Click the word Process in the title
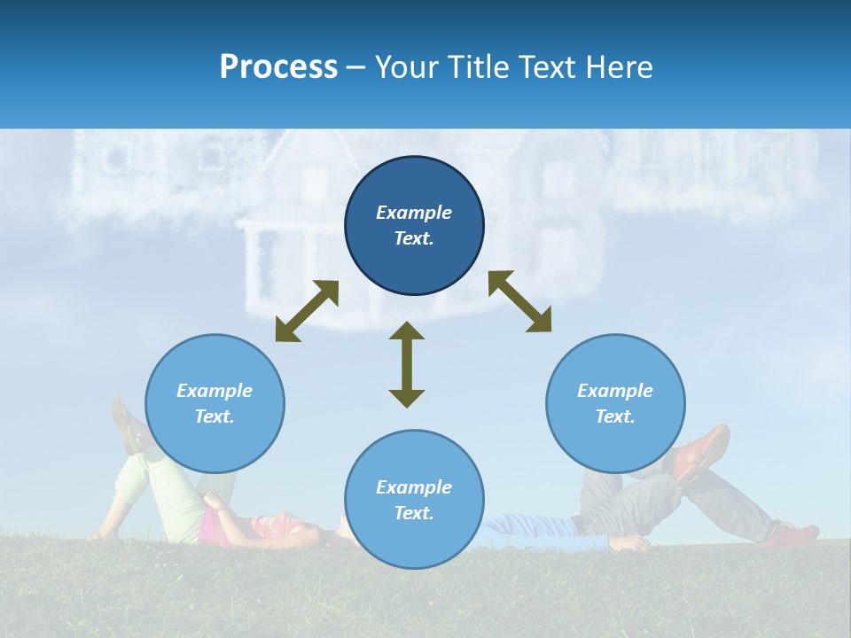pyautogui.click(x=278, y=67)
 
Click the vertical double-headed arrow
pyautogui.click(x=407, y=364)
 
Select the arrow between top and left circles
pyautogui.click(x=307, y=311)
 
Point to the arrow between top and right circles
pyautogui.click(x=519, y=301)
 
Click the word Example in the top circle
pyautogui.click(x=414, y=213)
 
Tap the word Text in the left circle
pyautogui.click(x=215, y=416)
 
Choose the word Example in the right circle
pyautogui.click(x=615, y=391)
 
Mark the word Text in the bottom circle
pyautogui.click(x=414, y=513)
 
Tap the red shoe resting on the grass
pyautogui.click(x=793, y=533)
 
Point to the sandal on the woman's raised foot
pyautogui.click(x=129, y=425)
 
